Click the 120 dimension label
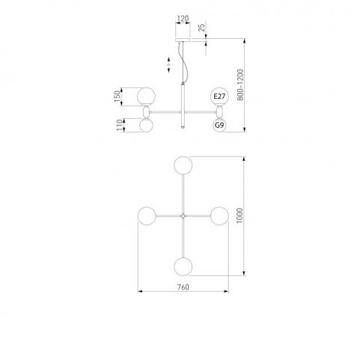tap(183, 19)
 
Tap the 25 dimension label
tap(201, 27)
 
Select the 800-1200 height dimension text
tap(240, 85)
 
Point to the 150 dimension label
tap(117, 97)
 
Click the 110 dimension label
tap(120, 125)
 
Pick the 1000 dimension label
tap(240, 216)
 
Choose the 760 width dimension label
tap(183, 287)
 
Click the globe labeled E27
tap(219, 97)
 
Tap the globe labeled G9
tap(219, 125)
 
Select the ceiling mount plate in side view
tap(183, 40)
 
